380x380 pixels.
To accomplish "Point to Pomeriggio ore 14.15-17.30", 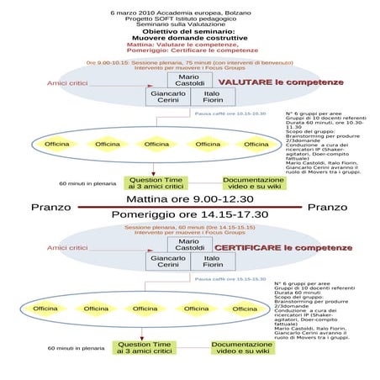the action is pyautogui.click(x=189, y=214).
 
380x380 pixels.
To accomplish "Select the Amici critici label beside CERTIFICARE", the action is pyautogui.click(x=67, y=248).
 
